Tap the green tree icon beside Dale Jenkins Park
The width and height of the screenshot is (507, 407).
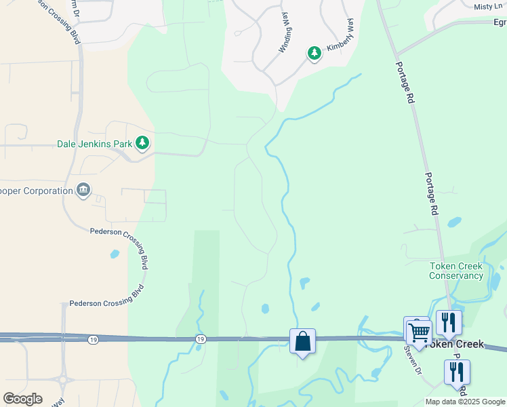(x=142, y=142)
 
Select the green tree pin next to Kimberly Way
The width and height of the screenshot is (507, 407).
(x=314, y=53)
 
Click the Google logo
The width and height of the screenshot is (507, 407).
(x=22, y=399)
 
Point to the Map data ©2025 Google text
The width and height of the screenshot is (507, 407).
(x=465, y=402)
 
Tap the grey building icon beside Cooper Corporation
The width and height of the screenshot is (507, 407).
(x=83, y=189)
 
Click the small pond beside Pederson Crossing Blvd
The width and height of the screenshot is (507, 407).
(x=115, y=254)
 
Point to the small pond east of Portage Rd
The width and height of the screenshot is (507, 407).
(x=454, y=222)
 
